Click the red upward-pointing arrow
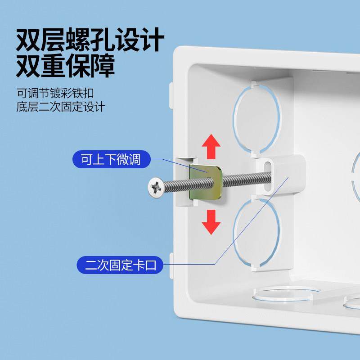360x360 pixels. tap(211, 147)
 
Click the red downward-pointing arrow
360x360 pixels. tap(211, 221)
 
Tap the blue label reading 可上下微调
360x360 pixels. tap(111, 160)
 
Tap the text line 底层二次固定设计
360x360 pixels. tap(60, 107)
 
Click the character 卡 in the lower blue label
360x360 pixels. tap(138, 265)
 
